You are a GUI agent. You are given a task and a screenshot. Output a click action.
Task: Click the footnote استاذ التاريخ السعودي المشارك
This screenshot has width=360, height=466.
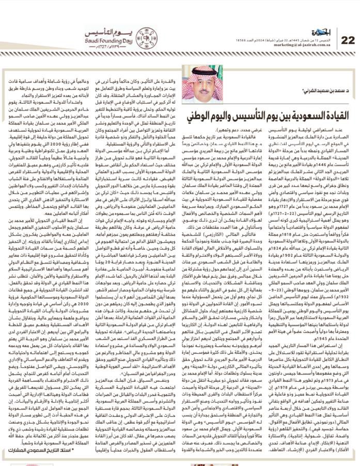click(x=45, y=451)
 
